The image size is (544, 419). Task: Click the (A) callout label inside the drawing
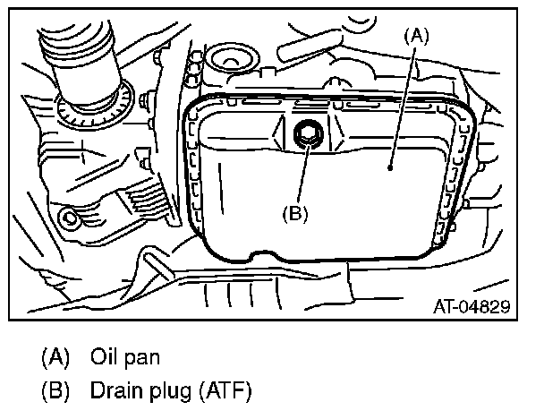point(417,36)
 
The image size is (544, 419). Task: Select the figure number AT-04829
point(472,307)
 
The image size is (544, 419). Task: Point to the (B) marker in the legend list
point(54,390)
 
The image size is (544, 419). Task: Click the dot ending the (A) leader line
point(391,167)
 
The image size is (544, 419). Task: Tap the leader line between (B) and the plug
point(302,175)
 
